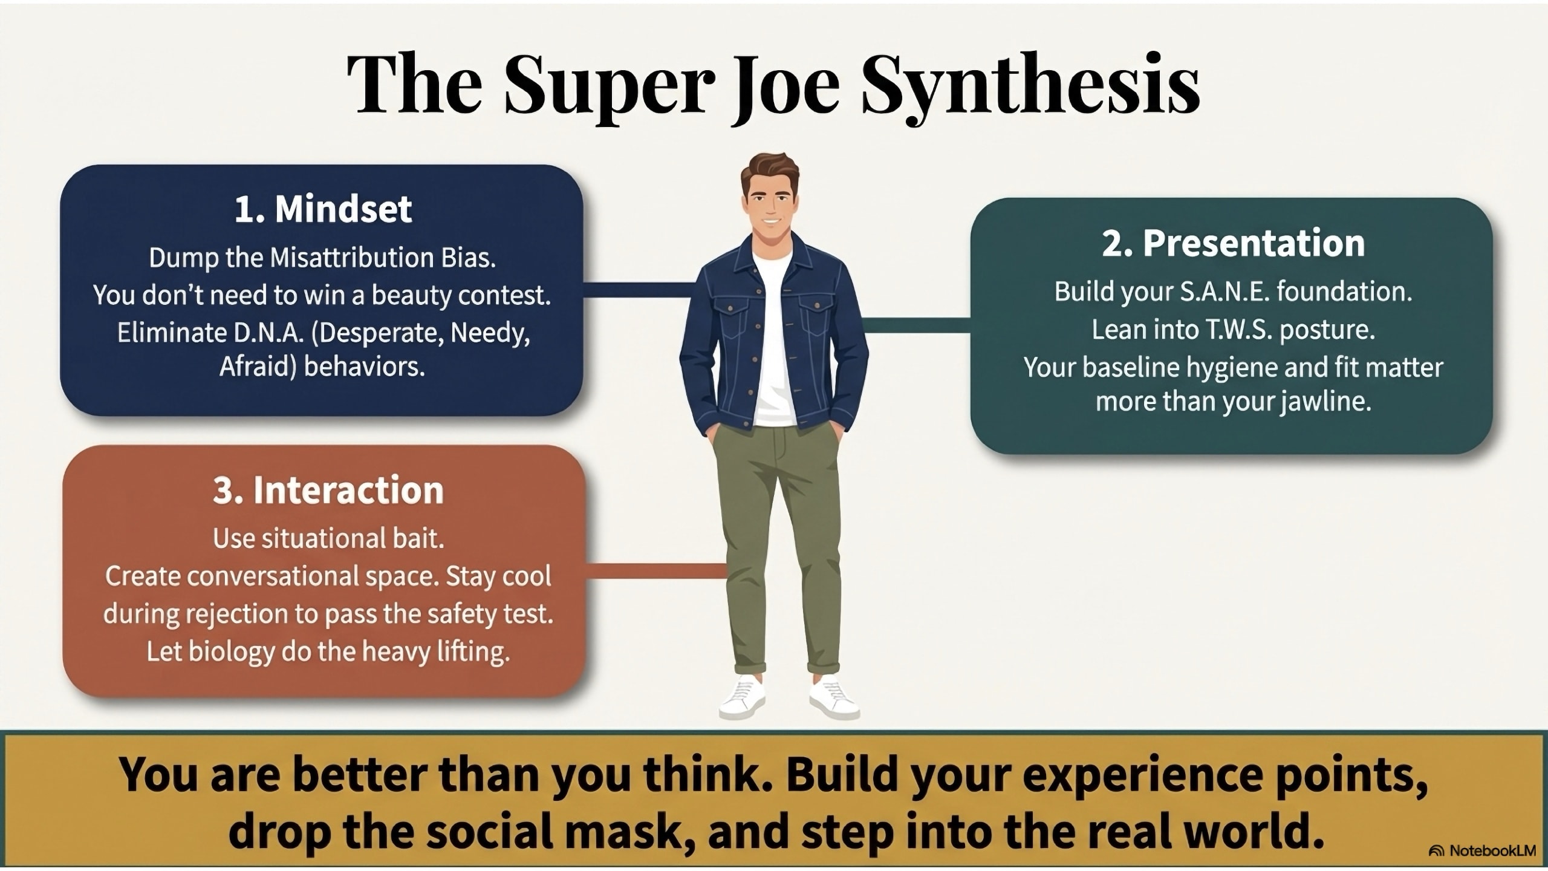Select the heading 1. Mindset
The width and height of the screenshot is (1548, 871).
(x=323, y=209)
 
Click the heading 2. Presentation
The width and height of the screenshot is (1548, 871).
(x=1233, y=243)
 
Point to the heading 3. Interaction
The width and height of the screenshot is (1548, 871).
(x=328, y=490)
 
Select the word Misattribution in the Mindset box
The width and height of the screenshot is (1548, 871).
(x=351, y=258)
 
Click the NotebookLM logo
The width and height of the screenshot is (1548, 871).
(x=1488, y=851)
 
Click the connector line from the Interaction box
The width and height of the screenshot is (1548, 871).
(x=655, y=570)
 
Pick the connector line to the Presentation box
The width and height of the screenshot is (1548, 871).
(x=916, y=325)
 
